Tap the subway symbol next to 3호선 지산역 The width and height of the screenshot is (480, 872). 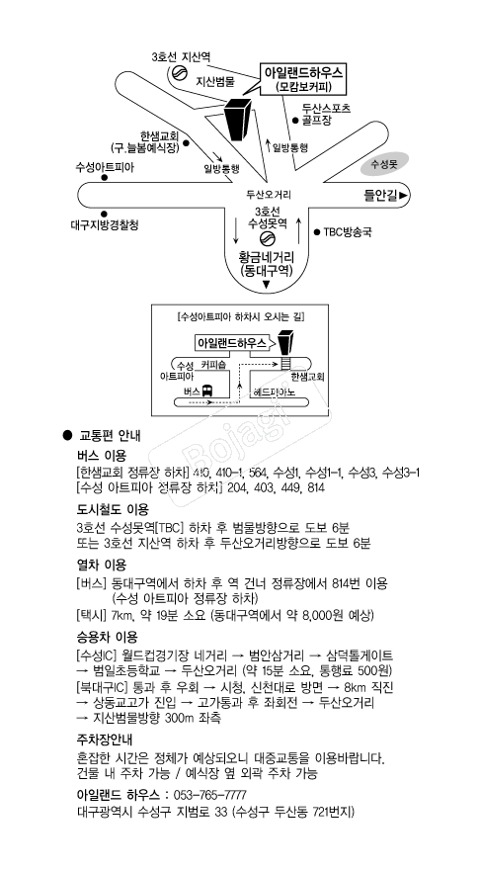pos(180,73)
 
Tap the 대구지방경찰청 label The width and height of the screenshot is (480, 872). pos(105,224)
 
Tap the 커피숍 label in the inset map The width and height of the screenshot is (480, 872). pos(213,364)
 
